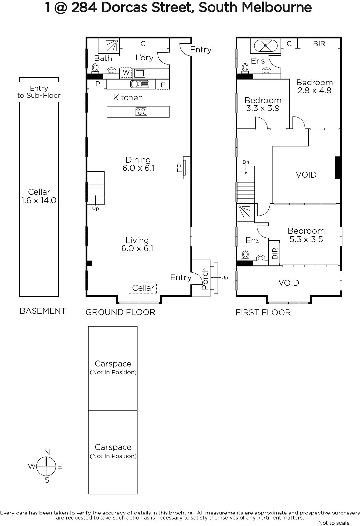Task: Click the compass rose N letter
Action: pos(47,452)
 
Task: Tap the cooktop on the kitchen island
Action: pos(141,111)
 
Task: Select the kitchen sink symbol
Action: pos(140,84)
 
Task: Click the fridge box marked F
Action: pos(162,84)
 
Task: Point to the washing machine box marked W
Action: pos(126,73)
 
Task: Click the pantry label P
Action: pos(98,84)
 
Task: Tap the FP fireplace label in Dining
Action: pos(180,168)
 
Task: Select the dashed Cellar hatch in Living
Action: pos(143,288)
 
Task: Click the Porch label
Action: pos(205,278)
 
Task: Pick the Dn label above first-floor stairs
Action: pos(246,162)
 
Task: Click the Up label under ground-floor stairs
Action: pos(95,208)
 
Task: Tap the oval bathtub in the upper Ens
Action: pos(265,46)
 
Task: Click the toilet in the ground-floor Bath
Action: pos(95,68)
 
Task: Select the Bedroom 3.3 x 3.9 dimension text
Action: pos(262,108)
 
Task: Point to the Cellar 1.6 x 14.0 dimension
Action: pos(39,200)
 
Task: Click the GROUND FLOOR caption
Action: pos(121,312)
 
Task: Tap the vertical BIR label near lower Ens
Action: pos(275,253)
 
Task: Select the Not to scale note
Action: pos(334,523)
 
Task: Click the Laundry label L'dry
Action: pos(144,57)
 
